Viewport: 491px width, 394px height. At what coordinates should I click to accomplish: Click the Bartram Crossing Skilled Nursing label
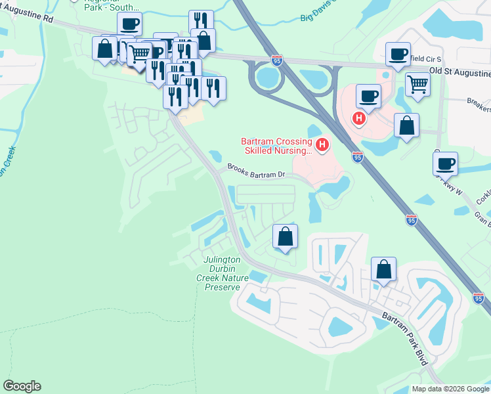(x=275, y=146)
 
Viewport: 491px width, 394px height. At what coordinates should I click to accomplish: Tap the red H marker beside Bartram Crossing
(x=322, y=144)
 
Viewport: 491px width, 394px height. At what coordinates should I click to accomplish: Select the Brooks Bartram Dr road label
(x=256, y=170)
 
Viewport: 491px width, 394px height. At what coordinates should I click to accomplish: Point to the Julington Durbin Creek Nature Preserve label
(x=223, y=273)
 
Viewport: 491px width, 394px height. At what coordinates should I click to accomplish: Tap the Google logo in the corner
(x=22, y=386)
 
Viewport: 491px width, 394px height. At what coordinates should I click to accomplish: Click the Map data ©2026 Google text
(x=450, y=389)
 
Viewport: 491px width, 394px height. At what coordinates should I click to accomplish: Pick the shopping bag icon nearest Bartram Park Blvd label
(x=383, y=269)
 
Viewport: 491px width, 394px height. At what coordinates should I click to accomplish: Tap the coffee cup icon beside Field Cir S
(x=397, y=55)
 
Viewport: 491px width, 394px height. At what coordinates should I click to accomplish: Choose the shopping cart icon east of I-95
(x=417, y=84)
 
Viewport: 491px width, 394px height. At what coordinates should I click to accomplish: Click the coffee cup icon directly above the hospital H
(x=368, y=97)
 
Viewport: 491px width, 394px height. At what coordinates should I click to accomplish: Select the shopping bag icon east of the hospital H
(x=406, y=125)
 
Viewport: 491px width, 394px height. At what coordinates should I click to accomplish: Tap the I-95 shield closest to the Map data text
(x=479, y=298)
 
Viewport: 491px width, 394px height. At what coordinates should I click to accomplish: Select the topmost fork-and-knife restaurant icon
(x=201, y=22)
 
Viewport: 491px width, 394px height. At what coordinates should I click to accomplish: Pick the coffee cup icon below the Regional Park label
(x=129, y=25)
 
